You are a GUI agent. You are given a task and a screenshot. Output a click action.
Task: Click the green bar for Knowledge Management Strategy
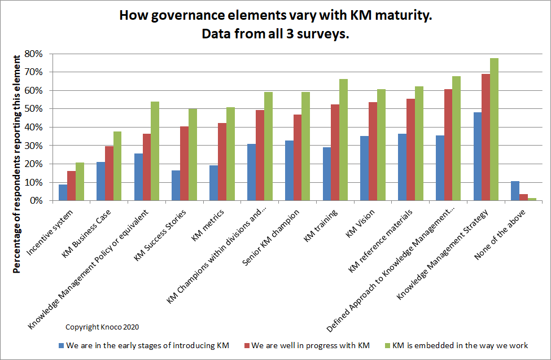[494, 129]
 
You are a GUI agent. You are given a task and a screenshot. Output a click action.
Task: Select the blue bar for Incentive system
[63, 192]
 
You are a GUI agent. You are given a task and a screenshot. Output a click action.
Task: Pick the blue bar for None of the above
[515, 191]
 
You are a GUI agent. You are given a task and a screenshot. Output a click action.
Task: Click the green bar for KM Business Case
[117, 166]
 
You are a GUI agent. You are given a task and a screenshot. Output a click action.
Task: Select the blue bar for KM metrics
[213, 183]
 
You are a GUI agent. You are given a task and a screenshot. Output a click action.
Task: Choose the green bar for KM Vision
[381, 145]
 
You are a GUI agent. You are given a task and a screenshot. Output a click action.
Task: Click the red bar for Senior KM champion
[297, 157]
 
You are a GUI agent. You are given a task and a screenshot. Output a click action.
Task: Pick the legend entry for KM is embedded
[460, 345]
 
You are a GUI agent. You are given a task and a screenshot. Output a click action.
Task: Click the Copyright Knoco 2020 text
[102, 327]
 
